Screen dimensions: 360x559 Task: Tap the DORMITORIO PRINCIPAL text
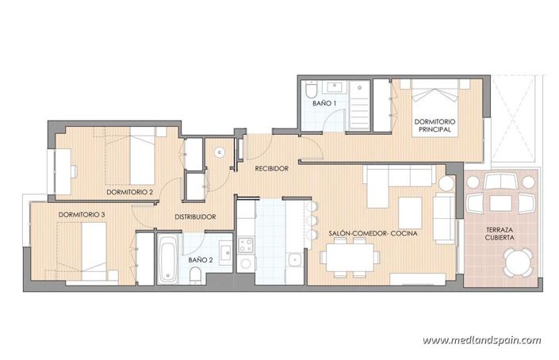(433, 124)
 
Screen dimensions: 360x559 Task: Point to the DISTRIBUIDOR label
(196, 216)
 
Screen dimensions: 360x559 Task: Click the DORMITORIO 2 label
(129, 192)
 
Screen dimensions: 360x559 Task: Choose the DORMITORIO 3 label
(81, 214)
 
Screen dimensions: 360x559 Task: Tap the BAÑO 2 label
(200, 259)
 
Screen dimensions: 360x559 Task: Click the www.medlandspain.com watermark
(481, 341)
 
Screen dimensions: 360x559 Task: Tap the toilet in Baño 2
(195, 274)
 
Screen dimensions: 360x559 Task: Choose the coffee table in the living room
(410, 211)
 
